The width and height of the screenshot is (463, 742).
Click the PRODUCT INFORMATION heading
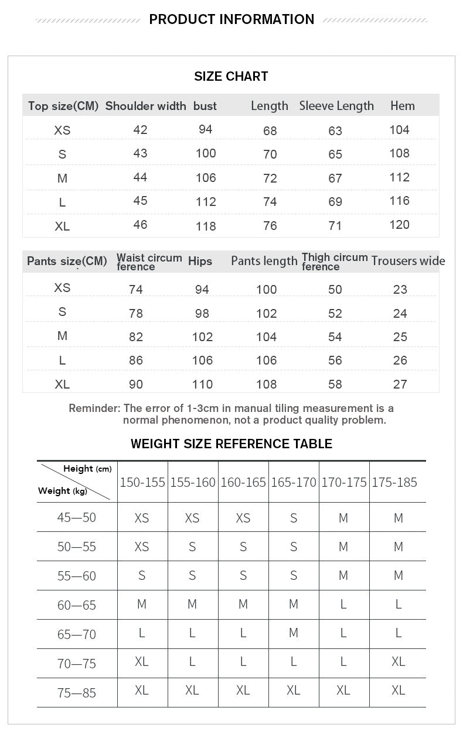click(x=231, y=19)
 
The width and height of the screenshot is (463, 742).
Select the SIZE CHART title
click(x=231, y=76)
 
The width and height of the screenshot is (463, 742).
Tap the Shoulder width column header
click(x=145, y=106)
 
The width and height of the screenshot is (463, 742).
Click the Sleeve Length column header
click(x=336, y=106)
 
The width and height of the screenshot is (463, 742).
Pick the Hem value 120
click(x=399, y=225)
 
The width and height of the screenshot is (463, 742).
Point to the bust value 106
click(x=206, y=178)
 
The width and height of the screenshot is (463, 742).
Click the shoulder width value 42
click(x=140, y=129)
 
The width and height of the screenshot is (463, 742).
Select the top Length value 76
click(x=270, y=226)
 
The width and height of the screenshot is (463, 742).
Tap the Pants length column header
click(x=264, y=261)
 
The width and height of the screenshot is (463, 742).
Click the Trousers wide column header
click(x=408, y=261)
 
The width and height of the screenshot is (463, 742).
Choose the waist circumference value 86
click(x=135, y=360)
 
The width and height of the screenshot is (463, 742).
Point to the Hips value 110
click(x=202, y=384)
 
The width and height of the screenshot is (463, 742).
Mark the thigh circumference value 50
click(x=335, y=289)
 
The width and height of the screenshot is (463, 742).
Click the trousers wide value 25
click(x=400, y=337)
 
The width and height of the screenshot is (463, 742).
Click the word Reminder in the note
click(x=94, y=408)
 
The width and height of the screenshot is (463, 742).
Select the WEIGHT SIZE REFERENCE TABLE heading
click(x=231, y=444)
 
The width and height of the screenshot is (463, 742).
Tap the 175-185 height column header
click(x=394, y=483)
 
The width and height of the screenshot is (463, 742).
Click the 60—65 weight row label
click(x=77, y=605)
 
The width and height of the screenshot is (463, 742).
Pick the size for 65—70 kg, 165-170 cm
click(x=293, y=633)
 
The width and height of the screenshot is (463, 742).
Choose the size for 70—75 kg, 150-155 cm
click(x=141, y=661)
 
